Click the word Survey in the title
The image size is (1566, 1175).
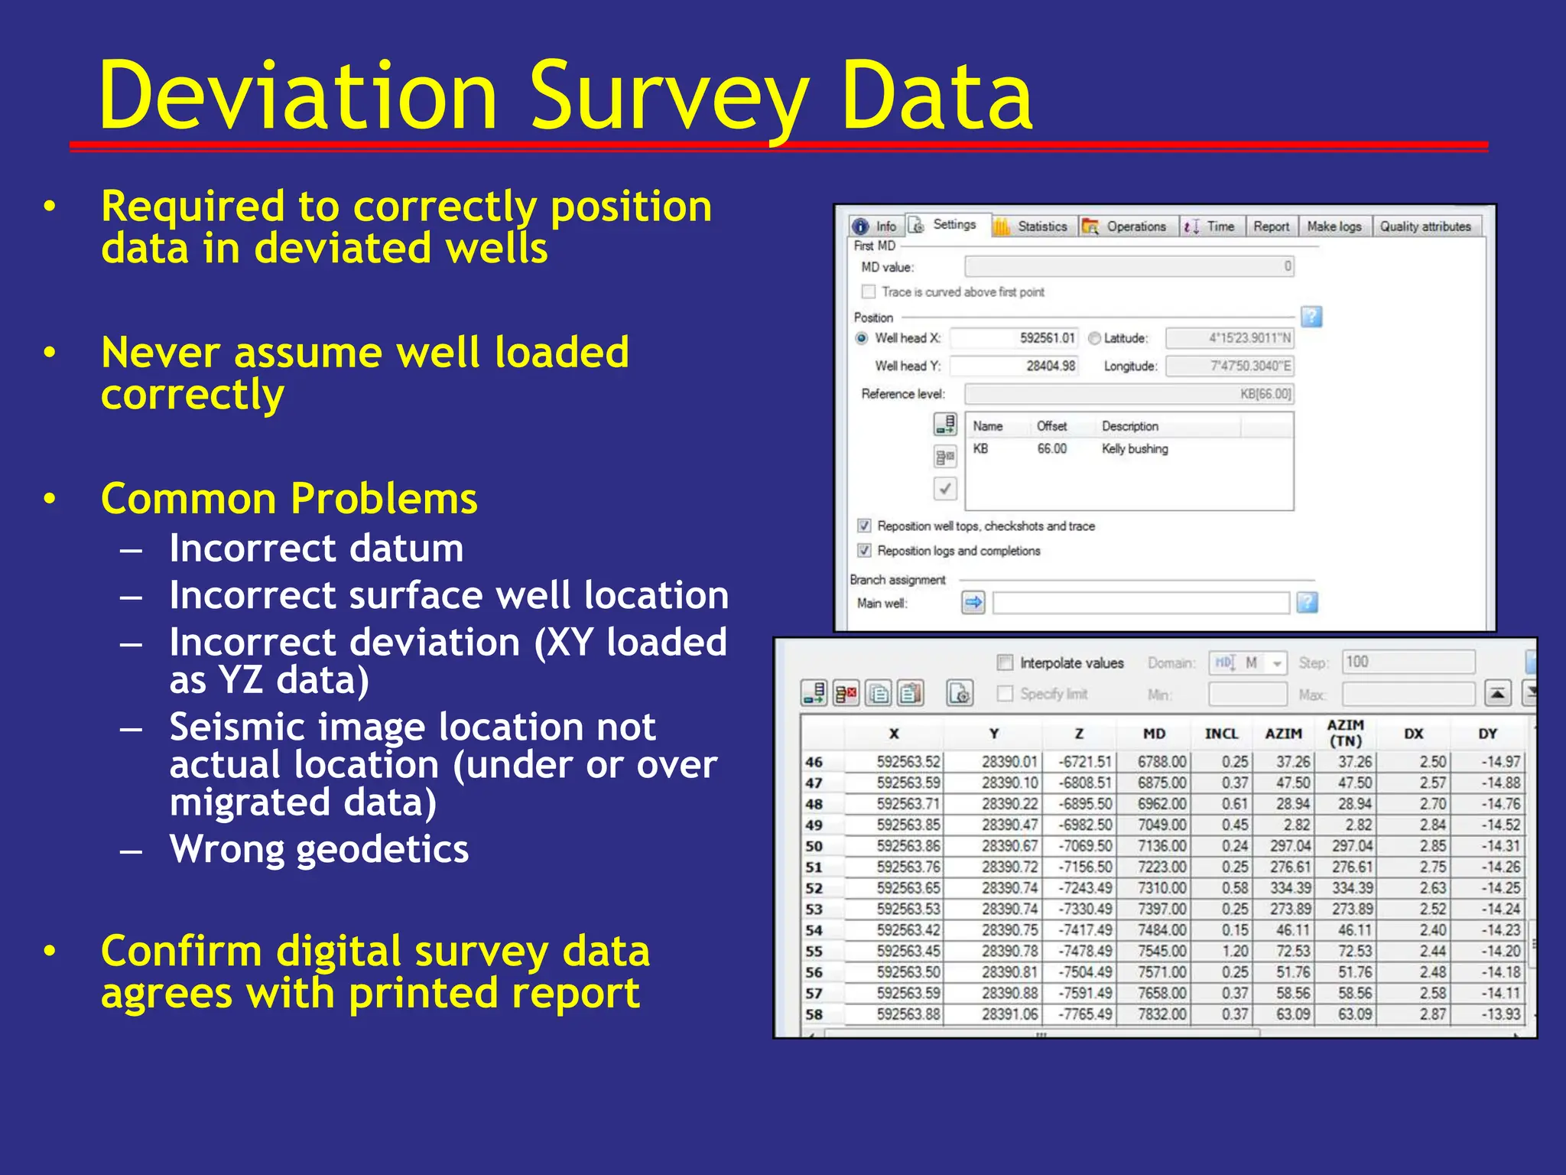point(668,98)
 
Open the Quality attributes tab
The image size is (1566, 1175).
point(1425,226)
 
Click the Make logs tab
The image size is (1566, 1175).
point(1334,226)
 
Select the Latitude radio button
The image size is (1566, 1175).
point(1094,338)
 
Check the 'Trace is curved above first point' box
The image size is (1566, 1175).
point(869,291)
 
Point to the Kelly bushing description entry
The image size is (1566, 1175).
point(1135,449)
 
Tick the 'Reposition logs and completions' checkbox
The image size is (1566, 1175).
point(865,551)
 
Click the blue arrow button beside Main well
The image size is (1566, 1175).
point(973,603)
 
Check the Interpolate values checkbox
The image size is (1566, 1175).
point(1006,662)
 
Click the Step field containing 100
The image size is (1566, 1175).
point(1407,662)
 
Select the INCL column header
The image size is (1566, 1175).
point(1221,734)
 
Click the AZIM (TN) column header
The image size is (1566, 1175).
point(1345,733)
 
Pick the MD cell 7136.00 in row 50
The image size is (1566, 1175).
point(1162,846)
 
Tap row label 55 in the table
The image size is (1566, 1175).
point(814,952)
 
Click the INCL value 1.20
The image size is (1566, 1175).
point(1235,952)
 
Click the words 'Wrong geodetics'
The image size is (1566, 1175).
point(319,849)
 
